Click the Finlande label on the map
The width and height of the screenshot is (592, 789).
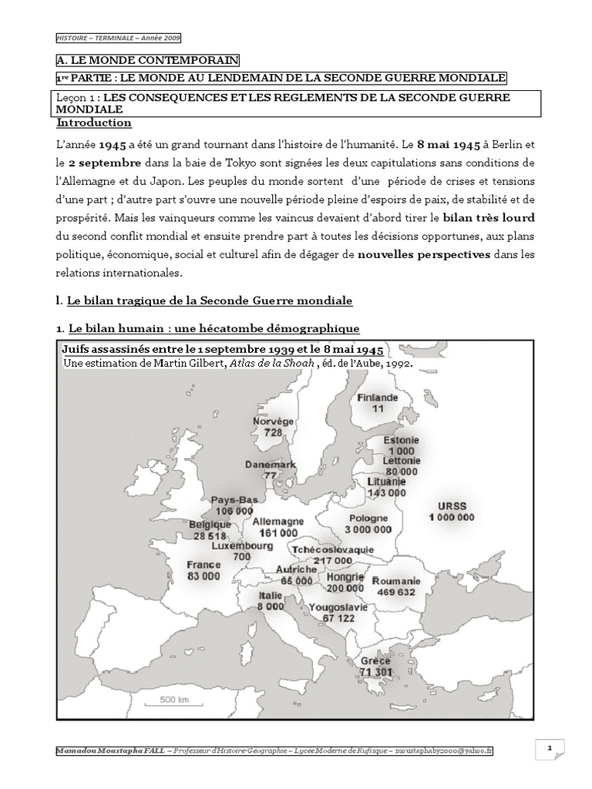(377, 398)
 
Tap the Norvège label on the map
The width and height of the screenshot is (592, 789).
(273, 422)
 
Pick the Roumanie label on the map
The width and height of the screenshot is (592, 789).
(396, 581)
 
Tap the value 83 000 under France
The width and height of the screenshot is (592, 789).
(203, 576)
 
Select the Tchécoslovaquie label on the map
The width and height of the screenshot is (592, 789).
(333, 549)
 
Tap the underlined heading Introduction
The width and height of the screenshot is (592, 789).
(94, 123)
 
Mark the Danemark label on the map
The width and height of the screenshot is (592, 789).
(271, 465)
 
